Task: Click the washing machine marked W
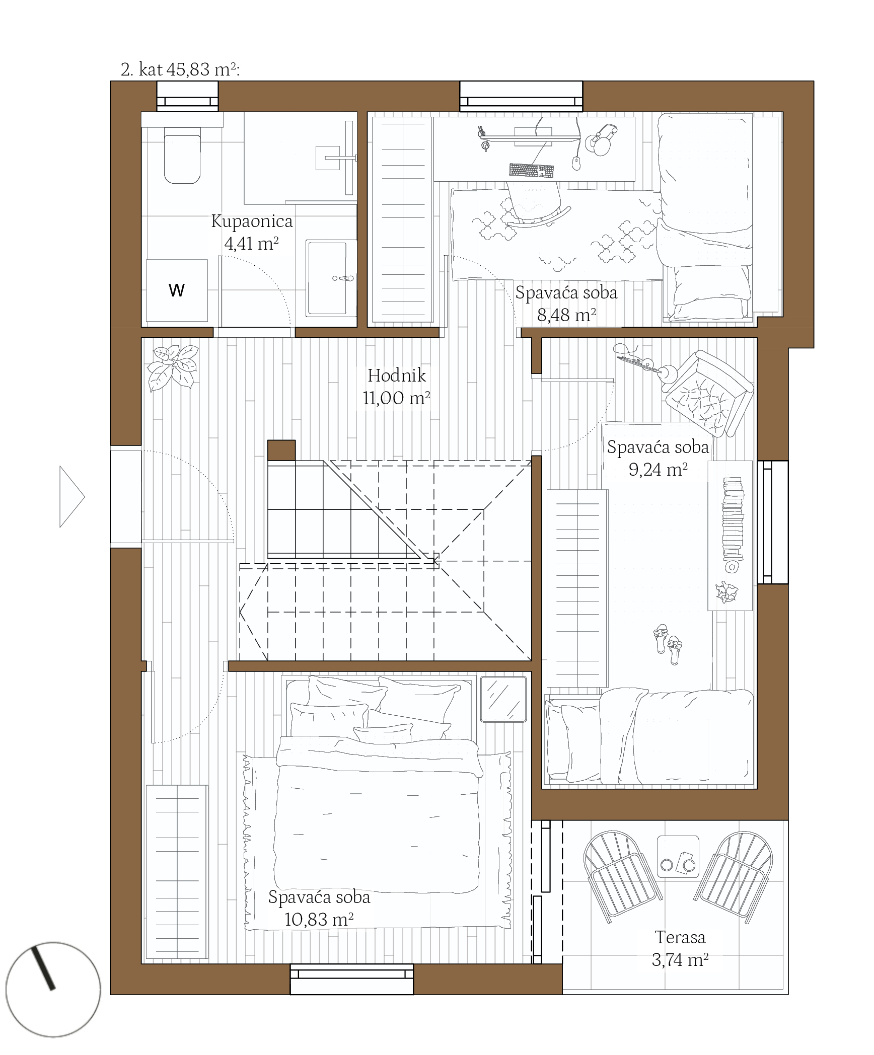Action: [x=177, y=290]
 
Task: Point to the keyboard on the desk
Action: [x=531, y=171]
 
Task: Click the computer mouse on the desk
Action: [x=576, y=163]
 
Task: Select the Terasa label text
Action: [x=680, y=937]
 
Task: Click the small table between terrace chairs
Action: [x=678, y=856]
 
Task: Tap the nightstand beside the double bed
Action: [x=503, y=699]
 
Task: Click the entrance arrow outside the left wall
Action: [x=72, y=497]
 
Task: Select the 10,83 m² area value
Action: [x=319, y=920]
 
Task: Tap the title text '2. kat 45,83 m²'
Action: [x=180, y=69]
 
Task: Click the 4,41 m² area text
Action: [x=251, y=244]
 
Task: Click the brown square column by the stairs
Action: [x=281, y=450]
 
